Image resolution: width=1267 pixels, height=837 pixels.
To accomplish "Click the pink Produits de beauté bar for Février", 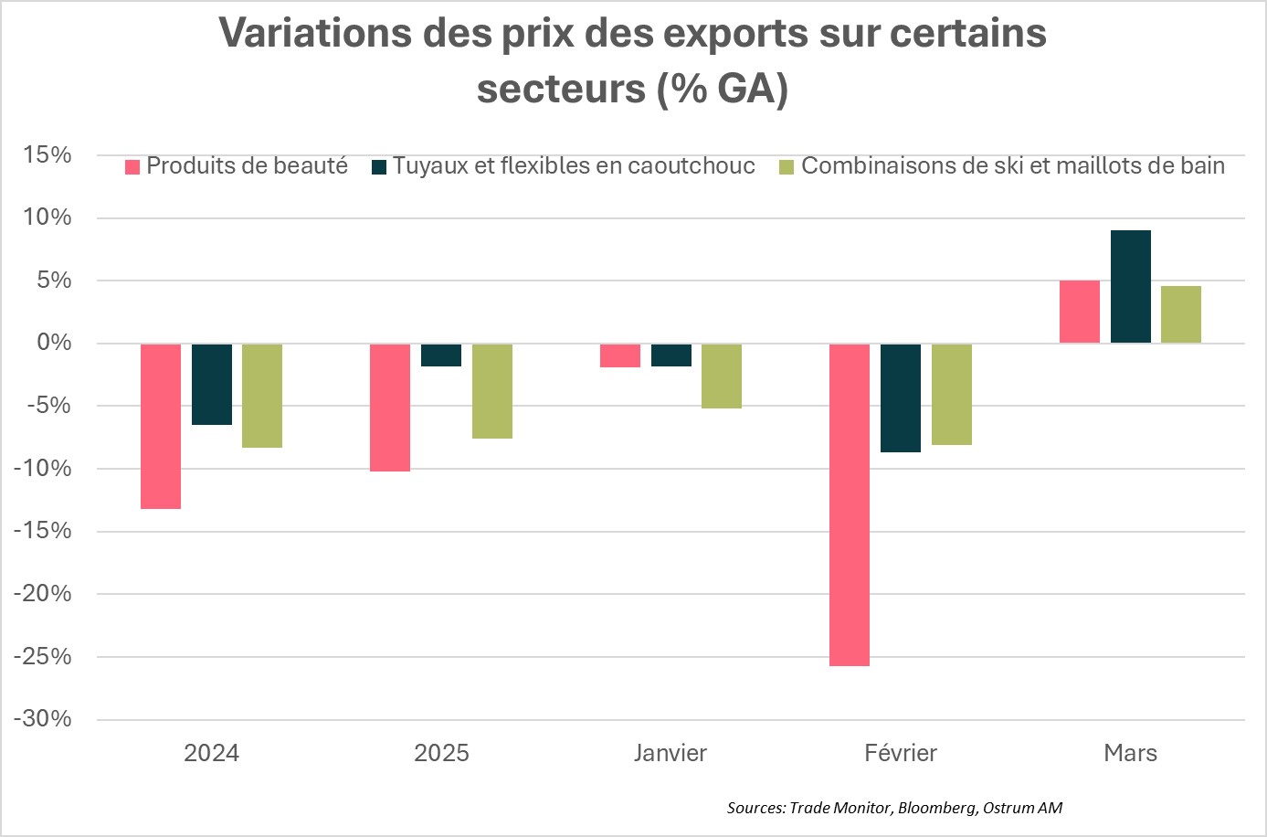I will (x=849, y=504).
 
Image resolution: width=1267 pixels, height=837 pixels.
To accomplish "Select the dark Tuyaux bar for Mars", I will (x=1130, y=287).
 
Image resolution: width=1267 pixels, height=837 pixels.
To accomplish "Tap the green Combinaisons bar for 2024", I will (x=262, y=396).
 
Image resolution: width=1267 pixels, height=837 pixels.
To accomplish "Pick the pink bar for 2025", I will (x=390, y=408).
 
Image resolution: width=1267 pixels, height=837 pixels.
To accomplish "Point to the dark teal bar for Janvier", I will (x=670, y=355).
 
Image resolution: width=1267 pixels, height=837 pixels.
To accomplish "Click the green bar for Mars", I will (x=1180, y=315).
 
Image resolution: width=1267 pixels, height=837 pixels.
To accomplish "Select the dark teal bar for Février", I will (x=900, y=397).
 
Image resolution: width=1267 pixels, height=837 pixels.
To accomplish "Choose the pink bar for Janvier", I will (x=620, y=355).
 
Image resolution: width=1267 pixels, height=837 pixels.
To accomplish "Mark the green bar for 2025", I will (x=492, y=391).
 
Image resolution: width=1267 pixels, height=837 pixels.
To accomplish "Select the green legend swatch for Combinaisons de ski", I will (x=787, y=167).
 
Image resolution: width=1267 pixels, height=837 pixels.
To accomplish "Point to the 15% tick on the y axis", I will (x=48, y=155).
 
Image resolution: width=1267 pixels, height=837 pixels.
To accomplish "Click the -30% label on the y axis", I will (x=42, y=719).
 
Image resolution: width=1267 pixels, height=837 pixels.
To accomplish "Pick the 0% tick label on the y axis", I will (x=54, y=344).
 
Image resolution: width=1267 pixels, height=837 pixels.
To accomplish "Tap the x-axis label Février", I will (x=900, y=753).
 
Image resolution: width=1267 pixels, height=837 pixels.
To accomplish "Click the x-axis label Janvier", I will (x=670, y=753).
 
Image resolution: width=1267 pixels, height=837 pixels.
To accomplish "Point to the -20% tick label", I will (x=42, y=594).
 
